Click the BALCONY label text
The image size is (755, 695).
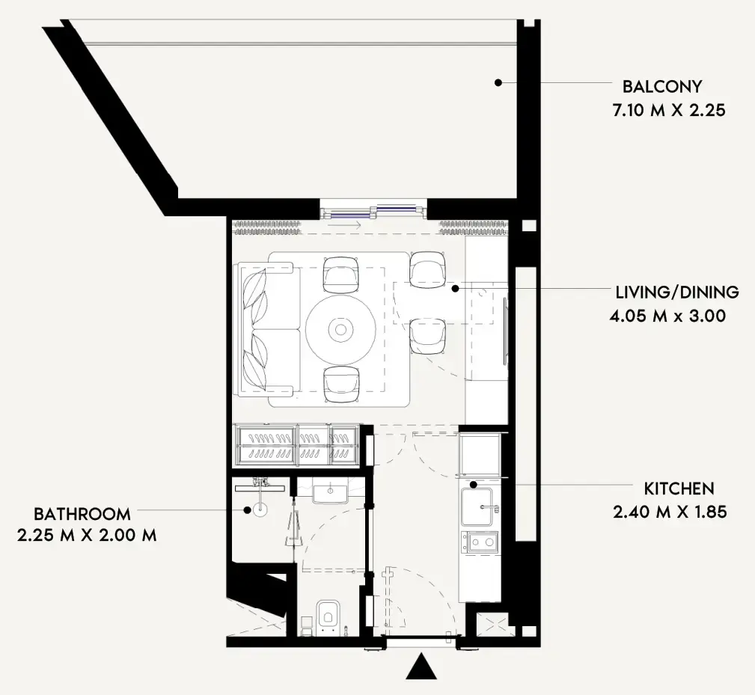point(657,85)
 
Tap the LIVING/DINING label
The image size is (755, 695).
point(676,292)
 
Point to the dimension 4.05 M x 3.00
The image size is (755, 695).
point(668,316)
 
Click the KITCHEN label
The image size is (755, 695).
point(679,489)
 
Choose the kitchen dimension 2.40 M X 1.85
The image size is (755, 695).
point(670,512)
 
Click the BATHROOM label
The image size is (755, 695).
point(82,514)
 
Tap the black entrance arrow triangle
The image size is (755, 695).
point(421,667)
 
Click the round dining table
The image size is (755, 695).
point(340,329)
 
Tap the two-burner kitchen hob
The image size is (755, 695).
point(480,541)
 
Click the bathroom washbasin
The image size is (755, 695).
point(329,494)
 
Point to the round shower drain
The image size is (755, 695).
point(260,510)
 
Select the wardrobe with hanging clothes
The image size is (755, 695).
point(297,445)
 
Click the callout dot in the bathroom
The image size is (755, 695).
point(247,510)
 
